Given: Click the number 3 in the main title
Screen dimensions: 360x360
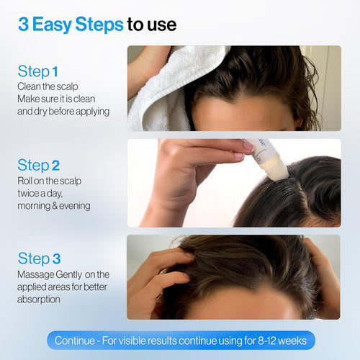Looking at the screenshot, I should click(x=24, y=25).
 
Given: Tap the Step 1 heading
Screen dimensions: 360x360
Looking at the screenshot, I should click(x=37, y=71).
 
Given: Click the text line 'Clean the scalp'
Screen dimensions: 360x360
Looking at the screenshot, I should click(x=46, y=86).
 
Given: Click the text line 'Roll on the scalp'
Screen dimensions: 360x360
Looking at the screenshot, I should click(x=49, y=180).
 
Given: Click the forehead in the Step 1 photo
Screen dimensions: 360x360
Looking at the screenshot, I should click(x=238, y=115).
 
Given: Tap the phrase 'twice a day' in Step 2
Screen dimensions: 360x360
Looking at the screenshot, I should click(x=41, y=193).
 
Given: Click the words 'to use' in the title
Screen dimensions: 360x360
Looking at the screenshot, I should click(x=152, y=25).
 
